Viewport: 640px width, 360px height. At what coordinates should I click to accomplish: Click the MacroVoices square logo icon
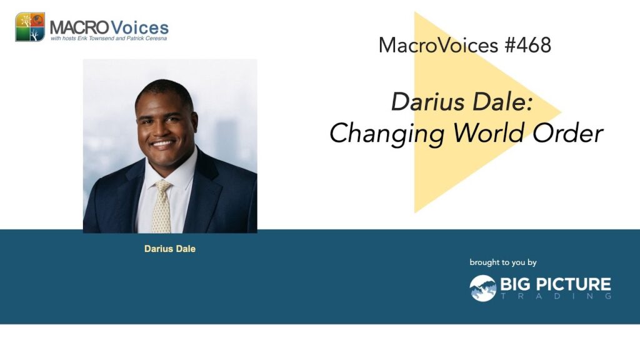point(30,27)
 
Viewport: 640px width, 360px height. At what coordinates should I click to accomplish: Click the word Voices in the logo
point(139,27)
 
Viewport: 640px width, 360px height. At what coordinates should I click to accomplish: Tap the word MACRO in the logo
point(79,27)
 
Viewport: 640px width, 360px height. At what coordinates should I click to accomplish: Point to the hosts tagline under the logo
point(109,38)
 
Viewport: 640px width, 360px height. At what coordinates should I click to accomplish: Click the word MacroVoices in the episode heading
point(438,45)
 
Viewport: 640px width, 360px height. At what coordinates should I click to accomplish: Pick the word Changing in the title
point(386,134)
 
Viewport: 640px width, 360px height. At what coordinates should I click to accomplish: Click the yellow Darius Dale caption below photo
point(170,249)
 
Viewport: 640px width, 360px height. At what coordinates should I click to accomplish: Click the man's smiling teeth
point(162,144)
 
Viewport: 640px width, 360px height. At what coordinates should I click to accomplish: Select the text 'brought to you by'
point(503,262)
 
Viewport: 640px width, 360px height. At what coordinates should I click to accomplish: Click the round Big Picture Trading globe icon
point(483,288)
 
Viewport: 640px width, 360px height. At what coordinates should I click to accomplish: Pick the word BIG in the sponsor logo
point(516,284)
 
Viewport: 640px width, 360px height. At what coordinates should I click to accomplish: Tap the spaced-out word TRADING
point(556,296)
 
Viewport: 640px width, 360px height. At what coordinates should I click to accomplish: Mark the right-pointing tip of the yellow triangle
point(562,111)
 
